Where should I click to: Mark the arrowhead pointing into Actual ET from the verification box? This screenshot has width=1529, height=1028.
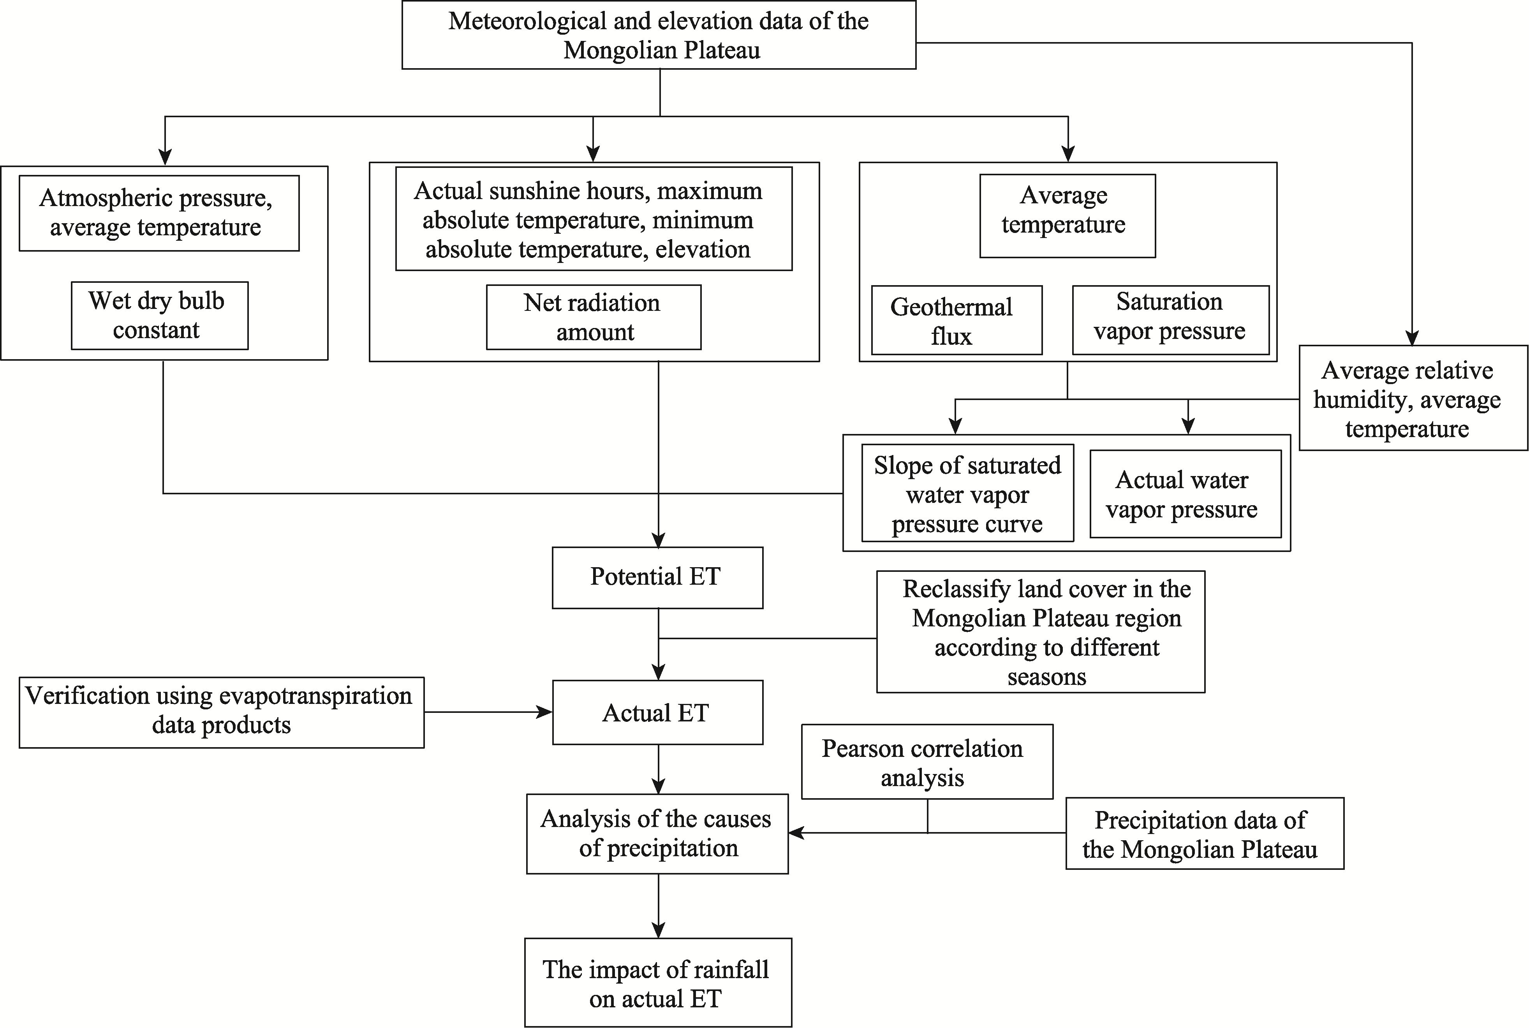pyautogui.click(x=544, y=712)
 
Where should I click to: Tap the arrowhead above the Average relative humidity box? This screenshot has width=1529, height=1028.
pyautogui.click(x=1412, y=338)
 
